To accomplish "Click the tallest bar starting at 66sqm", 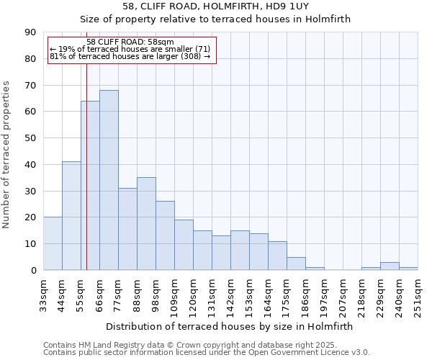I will (x=109, y=180).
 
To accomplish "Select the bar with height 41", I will (x=71, y=216).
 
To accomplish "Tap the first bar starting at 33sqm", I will (x=53, y=243).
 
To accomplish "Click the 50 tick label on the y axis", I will (x=31, y=138).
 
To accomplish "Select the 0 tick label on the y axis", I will (x=34, y=270).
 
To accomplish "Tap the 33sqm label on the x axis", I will (x=43, y=294).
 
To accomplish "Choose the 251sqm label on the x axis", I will (x=418, y=294).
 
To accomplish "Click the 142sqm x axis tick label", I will (x=230, y=294).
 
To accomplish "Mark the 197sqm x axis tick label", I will (x=324, y=294).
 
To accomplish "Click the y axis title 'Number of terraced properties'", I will (x=7, y=155).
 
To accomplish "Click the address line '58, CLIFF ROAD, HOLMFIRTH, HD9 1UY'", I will (x=215, y=6).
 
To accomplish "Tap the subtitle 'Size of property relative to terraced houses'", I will (x=215, y=19).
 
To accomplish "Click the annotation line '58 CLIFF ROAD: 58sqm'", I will (x=130, y=42).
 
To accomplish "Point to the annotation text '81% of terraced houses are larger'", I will (x=130, y=56).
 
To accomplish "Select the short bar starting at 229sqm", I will (x=390, y=266).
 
